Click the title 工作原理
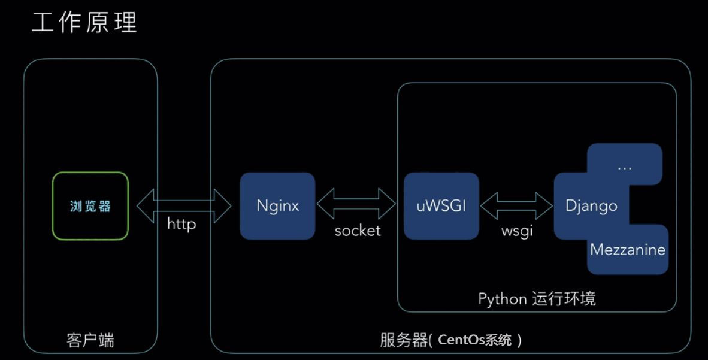pyautogui.click(x=84, y=23)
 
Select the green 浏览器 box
pyautogui.click(x=90, y=206)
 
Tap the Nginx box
pyautogui.click(x=277, y=206)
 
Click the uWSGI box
pyautogui.click(x=441, y=206)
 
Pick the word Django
pyautogui.click(x=591, y=206)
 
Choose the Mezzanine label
pyautogui.click(x=628, y=249)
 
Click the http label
pyautogui.click(x=181, y=225)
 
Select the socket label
pyautogui.click(x=358, y=231)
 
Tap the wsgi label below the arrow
pyautogui.click(x=517, y=231)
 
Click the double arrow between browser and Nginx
pyautogui.click(x=184, y=205)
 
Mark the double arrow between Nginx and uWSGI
pyautogui.click(x=356, y=205)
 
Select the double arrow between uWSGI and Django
pyautogui.click(x=516, y=205)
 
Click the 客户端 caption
pyautogui.click(x=90, y=340)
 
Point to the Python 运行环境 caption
pyautogui.click(x=537, y=298)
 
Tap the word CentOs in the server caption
pyautogui.click(x=461, y=340)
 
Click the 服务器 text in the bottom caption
pyautogui.click(x=404, y=340)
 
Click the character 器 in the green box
pyautogui.click(x=105, y=206)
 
